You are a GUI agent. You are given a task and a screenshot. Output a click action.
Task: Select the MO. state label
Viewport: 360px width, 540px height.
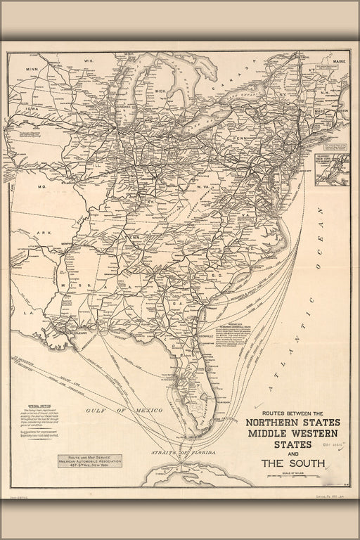(41, 187)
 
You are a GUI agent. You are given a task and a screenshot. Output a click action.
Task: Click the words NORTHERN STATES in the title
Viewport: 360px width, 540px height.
(293, 423)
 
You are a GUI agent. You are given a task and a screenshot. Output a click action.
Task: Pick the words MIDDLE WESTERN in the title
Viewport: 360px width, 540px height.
(293, 435)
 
